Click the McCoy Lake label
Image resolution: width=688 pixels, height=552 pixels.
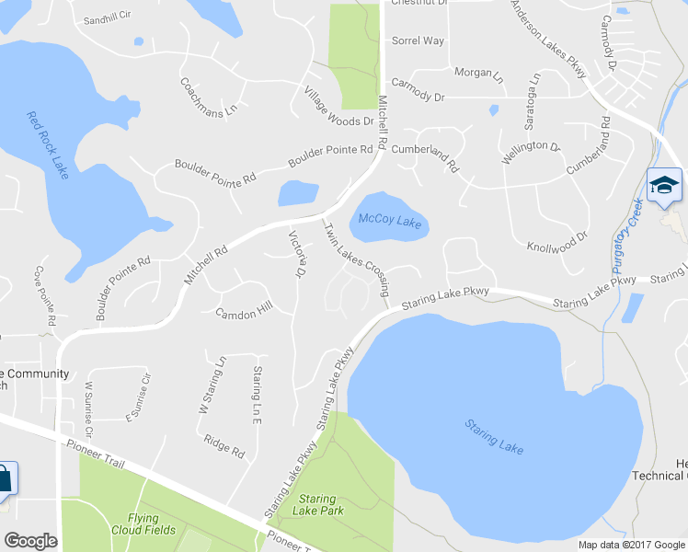click(390, 222)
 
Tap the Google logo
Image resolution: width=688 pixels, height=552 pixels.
click(30, 541)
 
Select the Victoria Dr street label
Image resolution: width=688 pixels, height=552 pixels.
click(297, 255)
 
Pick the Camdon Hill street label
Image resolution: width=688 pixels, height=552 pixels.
click(244, 313)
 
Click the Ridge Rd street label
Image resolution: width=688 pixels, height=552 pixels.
click(224, 445)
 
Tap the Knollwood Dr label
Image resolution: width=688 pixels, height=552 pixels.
click(556, 242)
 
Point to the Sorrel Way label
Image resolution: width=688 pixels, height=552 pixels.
click(418, 41)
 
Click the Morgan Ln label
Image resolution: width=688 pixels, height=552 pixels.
click(479, 73)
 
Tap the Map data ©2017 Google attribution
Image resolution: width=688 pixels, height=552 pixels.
click(632, 545)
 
